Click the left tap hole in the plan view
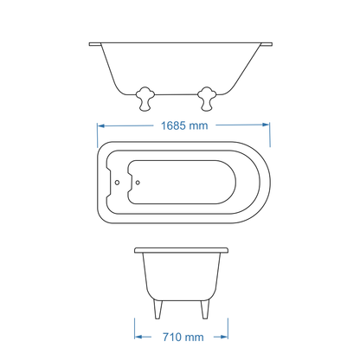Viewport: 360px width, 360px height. pos(119,183)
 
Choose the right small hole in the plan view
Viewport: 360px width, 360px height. pos(138,183)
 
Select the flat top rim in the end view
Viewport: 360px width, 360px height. pos(182,248)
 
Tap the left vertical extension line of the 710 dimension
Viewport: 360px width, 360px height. pos(134,330)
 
